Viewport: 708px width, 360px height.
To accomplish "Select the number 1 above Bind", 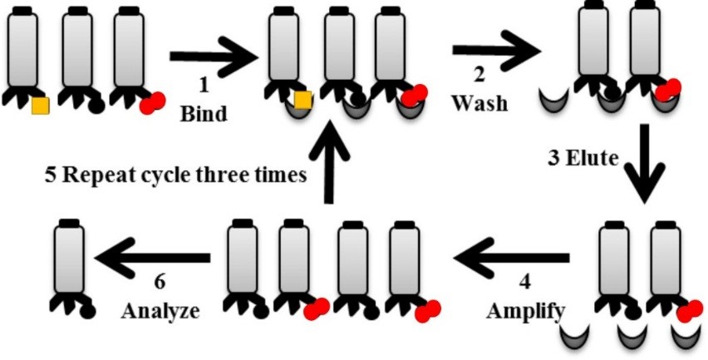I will pos(202,85).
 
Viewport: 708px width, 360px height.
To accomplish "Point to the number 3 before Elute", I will pos(553,157).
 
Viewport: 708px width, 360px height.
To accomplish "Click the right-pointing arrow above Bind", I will pos(213,57).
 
